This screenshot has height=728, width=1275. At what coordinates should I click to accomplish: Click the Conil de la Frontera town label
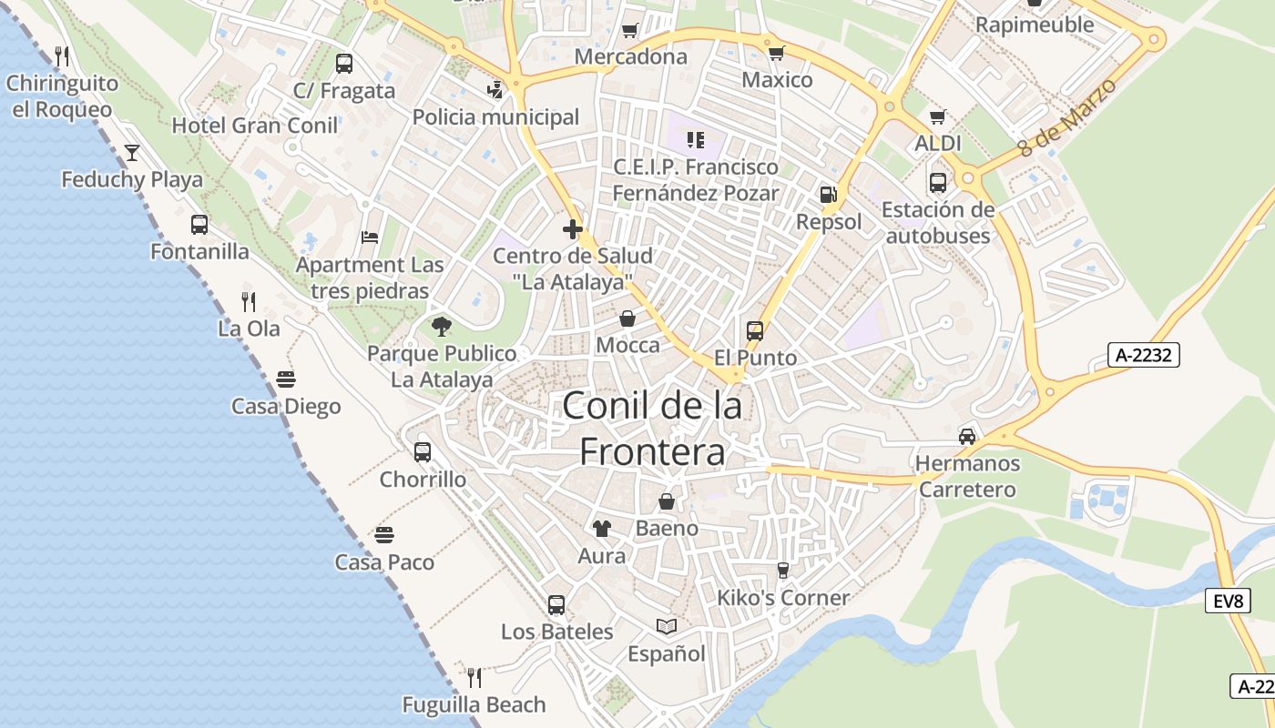652,429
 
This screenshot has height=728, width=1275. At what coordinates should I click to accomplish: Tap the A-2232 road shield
1143,355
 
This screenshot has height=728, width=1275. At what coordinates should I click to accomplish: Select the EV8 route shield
1229,602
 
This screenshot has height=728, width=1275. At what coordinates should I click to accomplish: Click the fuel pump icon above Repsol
828,194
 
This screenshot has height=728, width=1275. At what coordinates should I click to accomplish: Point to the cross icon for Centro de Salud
572,228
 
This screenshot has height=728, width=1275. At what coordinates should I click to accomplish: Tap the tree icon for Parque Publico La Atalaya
442,327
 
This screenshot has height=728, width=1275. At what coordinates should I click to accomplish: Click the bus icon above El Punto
755,330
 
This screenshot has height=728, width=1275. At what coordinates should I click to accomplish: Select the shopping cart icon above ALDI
938,116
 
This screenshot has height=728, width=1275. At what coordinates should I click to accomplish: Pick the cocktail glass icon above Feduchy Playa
132,152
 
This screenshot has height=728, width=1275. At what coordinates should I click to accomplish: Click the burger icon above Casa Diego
286,379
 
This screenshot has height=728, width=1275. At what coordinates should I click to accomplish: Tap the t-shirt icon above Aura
601,528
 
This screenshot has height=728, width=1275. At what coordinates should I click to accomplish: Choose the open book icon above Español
667,626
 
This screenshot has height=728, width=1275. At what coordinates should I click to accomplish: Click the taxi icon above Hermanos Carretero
966,436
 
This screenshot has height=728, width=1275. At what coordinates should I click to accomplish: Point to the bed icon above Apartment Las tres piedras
370,238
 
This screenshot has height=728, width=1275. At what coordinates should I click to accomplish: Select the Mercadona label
631,56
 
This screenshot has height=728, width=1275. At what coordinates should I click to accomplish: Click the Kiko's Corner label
783,598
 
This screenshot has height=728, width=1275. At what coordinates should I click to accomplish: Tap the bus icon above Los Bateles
556,604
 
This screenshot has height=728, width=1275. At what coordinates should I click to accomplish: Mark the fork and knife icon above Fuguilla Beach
474,677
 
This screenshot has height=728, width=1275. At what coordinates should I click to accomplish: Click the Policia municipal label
495,117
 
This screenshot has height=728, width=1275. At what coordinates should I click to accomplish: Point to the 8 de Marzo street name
1067,116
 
